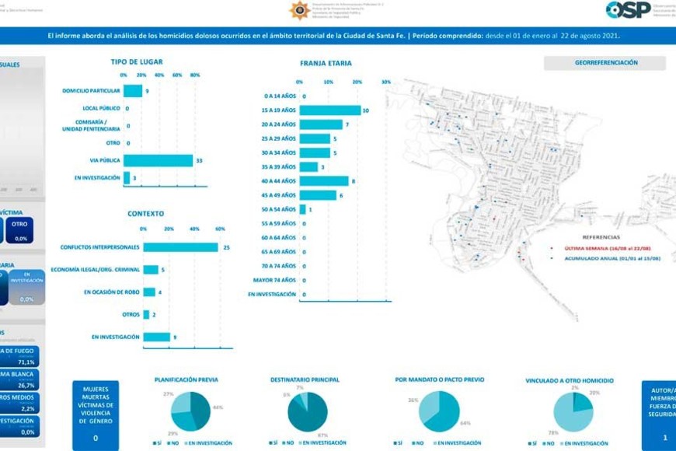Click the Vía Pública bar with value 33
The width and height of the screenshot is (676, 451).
[x=158, y=160]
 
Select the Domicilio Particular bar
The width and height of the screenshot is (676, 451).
[x=132, y=91]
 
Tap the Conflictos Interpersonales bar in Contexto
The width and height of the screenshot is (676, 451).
[x=180, y=247]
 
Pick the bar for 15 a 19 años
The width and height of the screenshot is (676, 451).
[x=329, y=110]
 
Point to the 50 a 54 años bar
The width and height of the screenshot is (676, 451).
[x=302, y=209]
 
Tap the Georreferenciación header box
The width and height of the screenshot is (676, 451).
[x=606, y=63]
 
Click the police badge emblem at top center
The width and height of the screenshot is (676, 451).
[x=299, y=10]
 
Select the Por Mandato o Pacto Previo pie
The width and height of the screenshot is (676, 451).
[x=439, y=411]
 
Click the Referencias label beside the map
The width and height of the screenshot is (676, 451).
[x=601, y=236]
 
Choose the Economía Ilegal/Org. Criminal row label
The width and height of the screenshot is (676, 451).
[x=95, y=270]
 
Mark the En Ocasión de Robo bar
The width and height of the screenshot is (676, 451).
[x=148, y=292]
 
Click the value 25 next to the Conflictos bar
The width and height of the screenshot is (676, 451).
[x=226, y=247]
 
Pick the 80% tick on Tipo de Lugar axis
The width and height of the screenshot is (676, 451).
[x=195, y=75]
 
